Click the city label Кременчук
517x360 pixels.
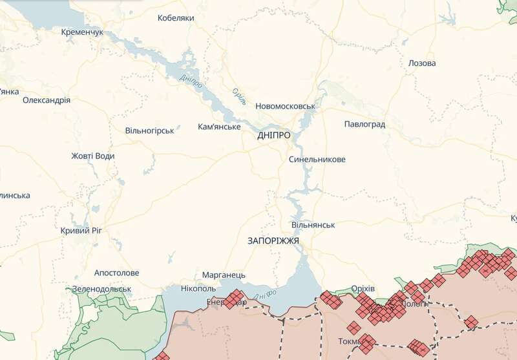(x=81, y=32)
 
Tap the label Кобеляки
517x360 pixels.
(x=176, y=18)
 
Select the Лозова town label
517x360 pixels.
(x=422, y=63)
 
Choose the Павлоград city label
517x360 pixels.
(x=364, y=123)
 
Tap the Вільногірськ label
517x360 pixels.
(x=149, y=131)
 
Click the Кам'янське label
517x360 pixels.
(x=219, y=127)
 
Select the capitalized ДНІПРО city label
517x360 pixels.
(x=273, y=135)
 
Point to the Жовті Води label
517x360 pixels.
(x=92, y=156)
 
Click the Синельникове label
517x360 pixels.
(x=317, y=159)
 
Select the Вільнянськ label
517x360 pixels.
(x=313, y=225)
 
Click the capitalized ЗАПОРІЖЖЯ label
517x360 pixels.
(x=273, y=240)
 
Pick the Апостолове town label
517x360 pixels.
(x=116, y=273)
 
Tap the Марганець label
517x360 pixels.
(x=224, y=275)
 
